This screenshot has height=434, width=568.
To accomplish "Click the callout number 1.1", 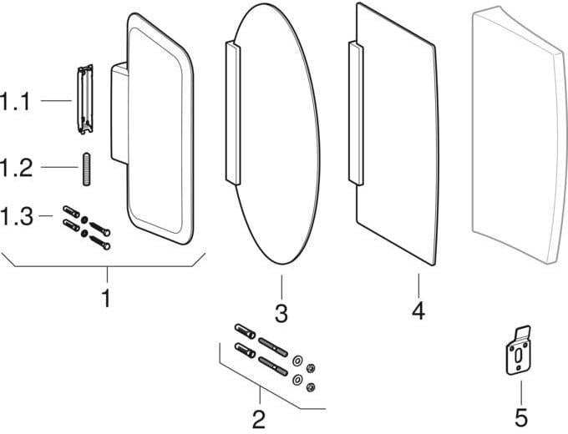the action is point(15,101).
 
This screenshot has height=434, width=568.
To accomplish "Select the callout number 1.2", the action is point(16,168).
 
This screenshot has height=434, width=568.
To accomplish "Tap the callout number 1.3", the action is point(17,216).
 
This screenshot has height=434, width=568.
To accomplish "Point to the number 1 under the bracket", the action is point(106,299).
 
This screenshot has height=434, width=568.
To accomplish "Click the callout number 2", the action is point(259,419).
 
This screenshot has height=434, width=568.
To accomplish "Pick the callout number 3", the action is point(281,313).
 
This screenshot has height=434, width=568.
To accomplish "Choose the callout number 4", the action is point(418,310).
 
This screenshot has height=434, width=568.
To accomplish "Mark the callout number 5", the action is point(521,417).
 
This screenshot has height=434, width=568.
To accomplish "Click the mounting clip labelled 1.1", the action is point(85,99).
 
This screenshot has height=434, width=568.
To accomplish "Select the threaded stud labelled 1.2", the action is point(86,169).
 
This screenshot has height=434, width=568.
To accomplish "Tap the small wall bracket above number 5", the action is point(519,350).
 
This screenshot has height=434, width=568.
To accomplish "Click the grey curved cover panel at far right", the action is point(520,134).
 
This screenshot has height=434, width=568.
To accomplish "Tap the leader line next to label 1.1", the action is point(56,100).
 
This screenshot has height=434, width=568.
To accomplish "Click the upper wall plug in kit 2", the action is point(246,331).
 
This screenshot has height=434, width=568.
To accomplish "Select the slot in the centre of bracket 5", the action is point(518,356).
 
